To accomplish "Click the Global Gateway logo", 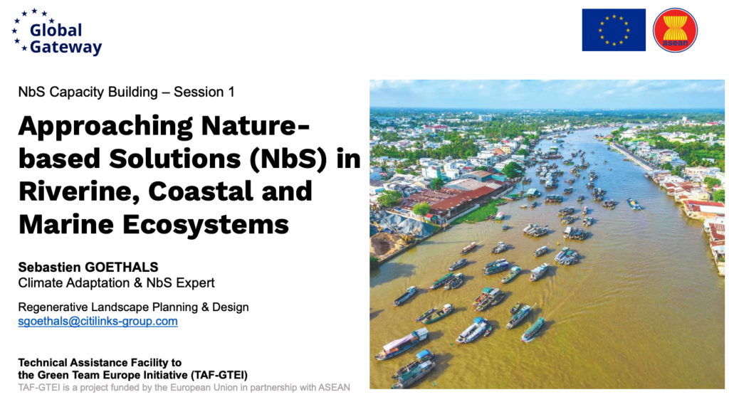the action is [56, 32].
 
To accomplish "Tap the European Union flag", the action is [614, 30].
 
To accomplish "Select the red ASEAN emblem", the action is [675, 30].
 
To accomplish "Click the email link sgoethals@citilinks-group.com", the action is [98, 321].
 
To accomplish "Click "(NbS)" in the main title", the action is [289, 159].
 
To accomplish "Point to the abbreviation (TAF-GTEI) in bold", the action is [219, 375].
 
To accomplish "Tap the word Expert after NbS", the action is [198, 283].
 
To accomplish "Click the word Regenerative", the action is [53, 307].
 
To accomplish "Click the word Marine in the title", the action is [67, 225].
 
